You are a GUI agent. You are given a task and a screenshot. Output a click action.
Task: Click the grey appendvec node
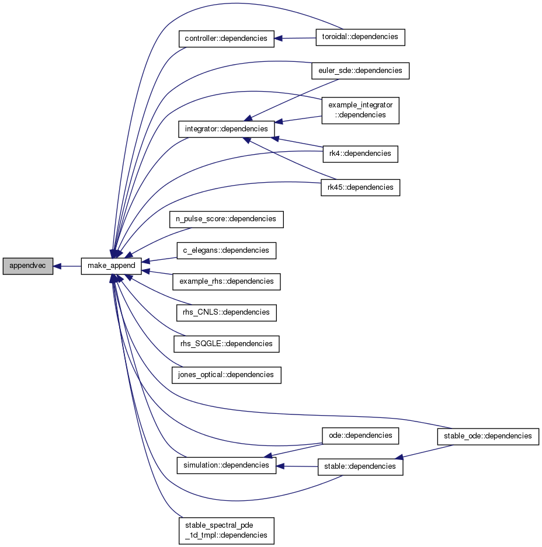tap(28, 266)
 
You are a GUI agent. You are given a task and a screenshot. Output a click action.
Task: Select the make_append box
tap(112, 266)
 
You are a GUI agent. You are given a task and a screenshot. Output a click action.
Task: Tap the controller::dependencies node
tap(227, 39)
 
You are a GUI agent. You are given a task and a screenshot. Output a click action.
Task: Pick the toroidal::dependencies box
tap(360, 37)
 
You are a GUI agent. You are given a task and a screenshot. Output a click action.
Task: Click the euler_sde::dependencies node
tap(360, 71)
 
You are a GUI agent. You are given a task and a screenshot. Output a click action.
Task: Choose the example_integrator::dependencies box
tap(360, 110)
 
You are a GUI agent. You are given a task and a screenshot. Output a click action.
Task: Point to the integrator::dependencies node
tap(227, 129)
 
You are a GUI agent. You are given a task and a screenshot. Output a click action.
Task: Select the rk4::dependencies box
tap(360, 154)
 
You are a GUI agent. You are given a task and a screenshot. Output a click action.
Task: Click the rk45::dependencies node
tap(360, 187)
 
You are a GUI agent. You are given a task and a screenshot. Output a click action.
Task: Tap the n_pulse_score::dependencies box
tap(227, 220)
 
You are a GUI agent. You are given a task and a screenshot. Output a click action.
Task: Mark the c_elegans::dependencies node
tap(227, 251)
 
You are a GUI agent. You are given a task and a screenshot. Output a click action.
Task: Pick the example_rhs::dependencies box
tap(227, 281)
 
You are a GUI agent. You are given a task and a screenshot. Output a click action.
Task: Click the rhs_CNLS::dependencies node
tap(227, 313)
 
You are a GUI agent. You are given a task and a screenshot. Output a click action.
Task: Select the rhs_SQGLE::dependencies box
tap(227, 344)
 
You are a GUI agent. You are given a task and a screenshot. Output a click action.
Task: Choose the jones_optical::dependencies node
tap(227, 375)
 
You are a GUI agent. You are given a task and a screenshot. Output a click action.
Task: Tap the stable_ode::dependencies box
tap(488, 437)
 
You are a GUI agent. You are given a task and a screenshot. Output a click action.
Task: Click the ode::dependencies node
tap(360, 436)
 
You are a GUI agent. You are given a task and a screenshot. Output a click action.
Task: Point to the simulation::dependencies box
tap(227, 466)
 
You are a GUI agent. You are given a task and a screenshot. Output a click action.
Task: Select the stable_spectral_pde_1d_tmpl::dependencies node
tap(227, 531)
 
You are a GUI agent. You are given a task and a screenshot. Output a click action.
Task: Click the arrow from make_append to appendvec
tap(67, 267)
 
